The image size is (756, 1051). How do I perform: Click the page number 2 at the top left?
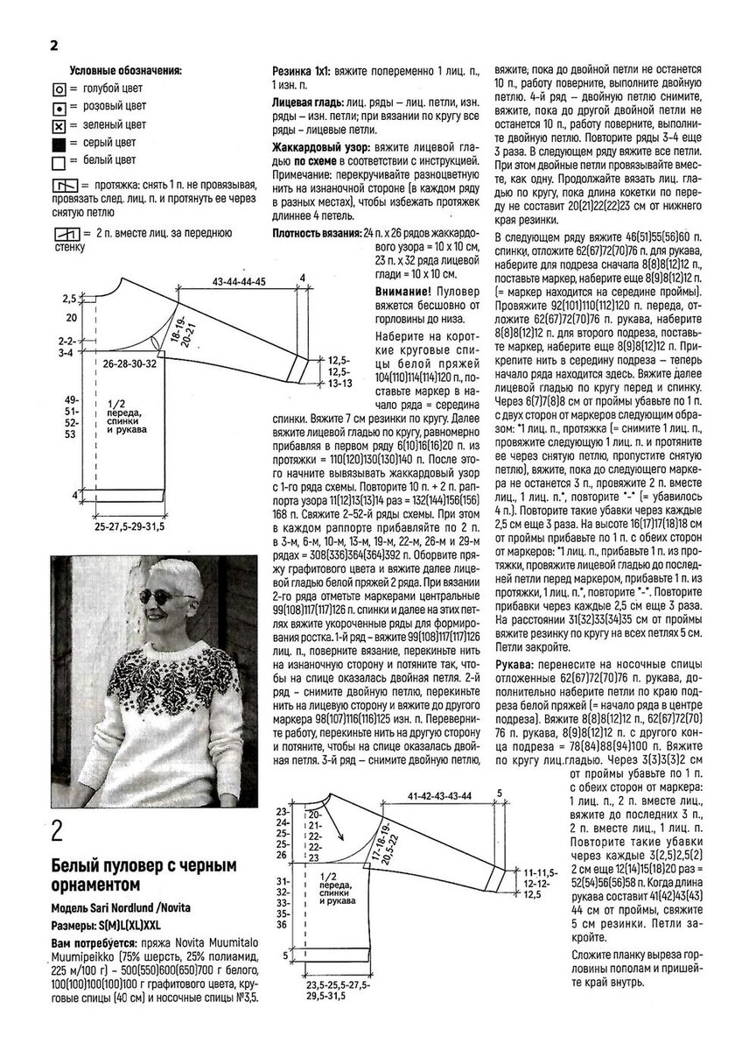click(x=54, y=46)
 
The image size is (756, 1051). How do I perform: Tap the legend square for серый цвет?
click(x=59, y=143)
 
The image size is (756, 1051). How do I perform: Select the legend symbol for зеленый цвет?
click(x=59, y=124)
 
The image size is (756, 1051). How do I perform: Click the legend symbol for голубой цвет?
click(x=59, y=88)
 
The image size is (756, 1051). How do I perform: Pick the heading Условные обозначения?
click(x=125, y=70)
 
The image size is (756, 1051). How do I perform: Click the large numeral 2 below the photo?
click(x=59, y=830)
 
